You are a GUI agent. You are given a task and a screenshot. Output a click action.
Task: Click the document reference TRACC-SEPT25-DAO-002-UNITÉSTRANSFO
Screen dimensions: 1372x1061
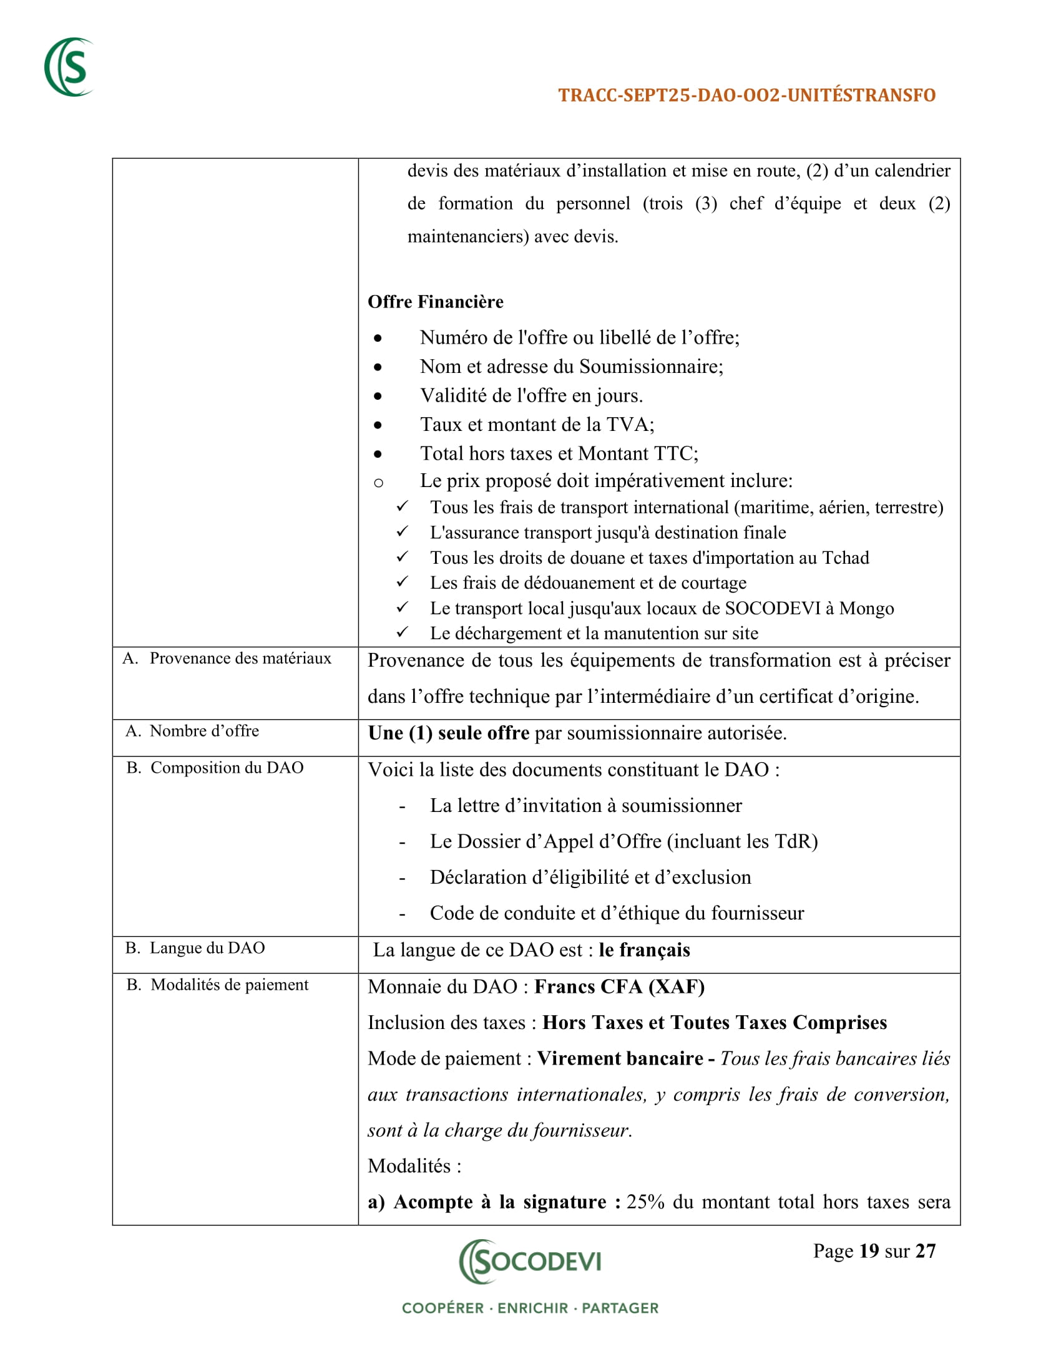[x=746, y=95]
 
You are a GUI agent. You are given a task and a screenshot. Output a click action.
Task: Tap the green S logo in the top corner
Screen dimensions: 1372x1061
[x=69, y=67]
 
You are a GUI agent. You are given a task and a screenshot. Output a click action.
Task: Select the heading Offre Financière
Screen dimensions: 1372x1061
[x=436, y=302]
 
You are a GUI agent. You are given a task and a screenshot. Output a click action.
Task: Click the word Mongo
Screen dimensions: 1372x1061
[x=866, y=608]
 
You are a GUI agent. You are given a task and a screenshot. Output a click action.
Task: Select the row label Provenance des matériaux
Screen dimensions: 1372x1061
[x=240, y=659]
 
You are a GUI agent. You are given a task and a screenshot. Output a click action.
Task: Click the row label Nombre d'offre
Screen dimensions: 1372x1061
[x=203, y=731]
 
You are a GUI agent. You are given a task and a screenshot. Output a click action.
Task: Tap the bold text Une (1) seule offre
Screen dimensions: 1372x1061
[x=448, y=733]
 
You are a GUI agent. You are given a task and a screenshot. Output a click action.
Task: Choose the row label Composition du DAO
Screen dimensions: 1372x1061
[x=227, y=768]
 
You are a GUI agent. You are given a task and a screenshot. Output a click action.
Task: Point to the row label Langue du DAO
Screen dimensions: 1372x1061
[x=207, y=948]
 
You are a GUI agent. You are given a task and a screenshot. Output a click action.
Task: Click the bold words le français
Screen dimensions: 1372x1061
[x=644, y=950]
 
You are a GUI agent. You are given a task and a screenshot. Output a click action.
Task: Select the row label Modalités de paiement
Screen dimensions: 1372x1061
[x=230, y=984]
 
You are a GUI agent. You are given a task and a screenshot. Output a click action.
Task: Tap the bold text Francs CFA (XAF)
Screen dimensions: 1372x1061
[x=619, y=987]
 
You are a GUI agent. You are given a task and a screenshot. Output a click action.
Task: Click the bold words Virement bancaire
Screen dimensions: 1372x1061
[x=620, y=1058]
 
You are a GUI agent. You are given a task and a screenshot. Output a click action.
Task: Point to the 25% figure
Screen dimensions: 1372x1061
[x=645, y=1202]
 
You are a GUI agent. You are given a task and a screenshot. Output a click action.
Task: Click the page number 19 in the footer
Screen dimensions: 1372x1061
[x=869, y=1252]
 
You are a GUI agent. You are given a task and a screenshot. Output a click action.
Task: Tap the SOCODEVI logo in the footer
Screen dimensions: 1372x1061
[x=530, y=1261]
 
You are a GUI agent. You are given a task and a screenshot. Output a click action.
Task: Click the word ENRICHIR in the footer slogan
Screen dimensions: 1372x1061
[x=532, y=1308]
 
